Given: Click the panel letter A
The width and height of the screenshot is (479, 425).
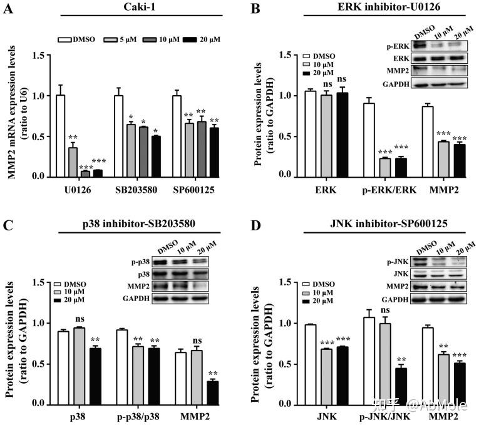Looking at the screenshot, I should [x=8, y=9].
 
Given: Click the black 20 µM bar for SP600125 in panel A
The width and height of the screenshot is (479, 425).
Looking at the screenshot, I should [x=214, y=152].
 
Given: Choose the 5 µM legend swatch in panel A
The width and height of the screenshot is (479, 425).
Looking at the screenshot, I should [x=110, y=39].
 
